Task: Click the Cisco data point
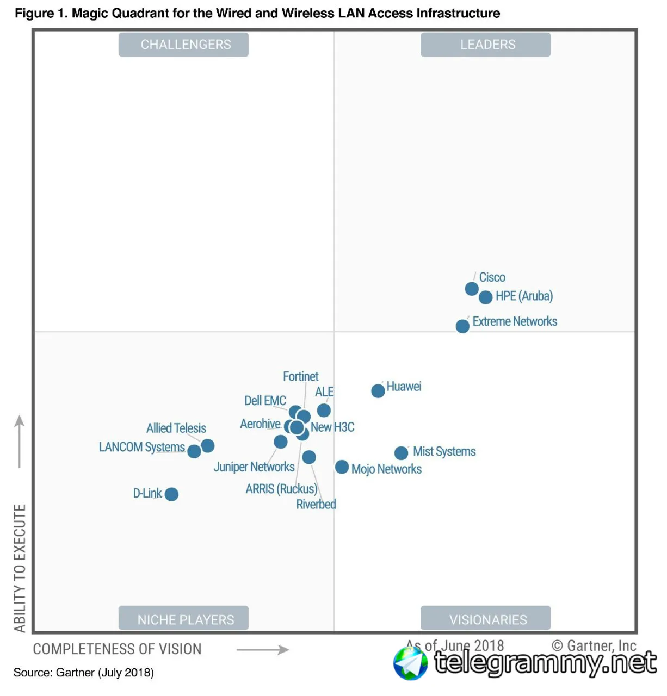point(472,289)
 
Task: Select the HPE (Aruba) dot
point(486,297)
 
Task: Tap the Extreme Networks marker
point(462,326)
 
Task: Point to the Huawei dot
point(378,391)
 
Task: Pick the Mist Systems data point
point(401,453)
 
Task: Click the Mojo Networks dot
point(342,467)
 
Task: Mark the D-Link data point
point(171,494)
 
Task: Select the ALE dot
point(324,410)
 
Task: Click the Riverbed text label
point(316,505)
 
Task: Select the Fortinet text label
point(300,376)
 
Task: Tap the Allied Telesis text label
point(176,428)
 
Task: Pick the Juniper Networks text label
point(254,467)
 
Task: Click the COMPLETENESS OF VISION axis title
point(117,649)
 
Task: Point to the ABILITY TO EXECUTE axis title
point(20,568)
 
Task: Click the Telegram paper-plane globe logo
point(410,663)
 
